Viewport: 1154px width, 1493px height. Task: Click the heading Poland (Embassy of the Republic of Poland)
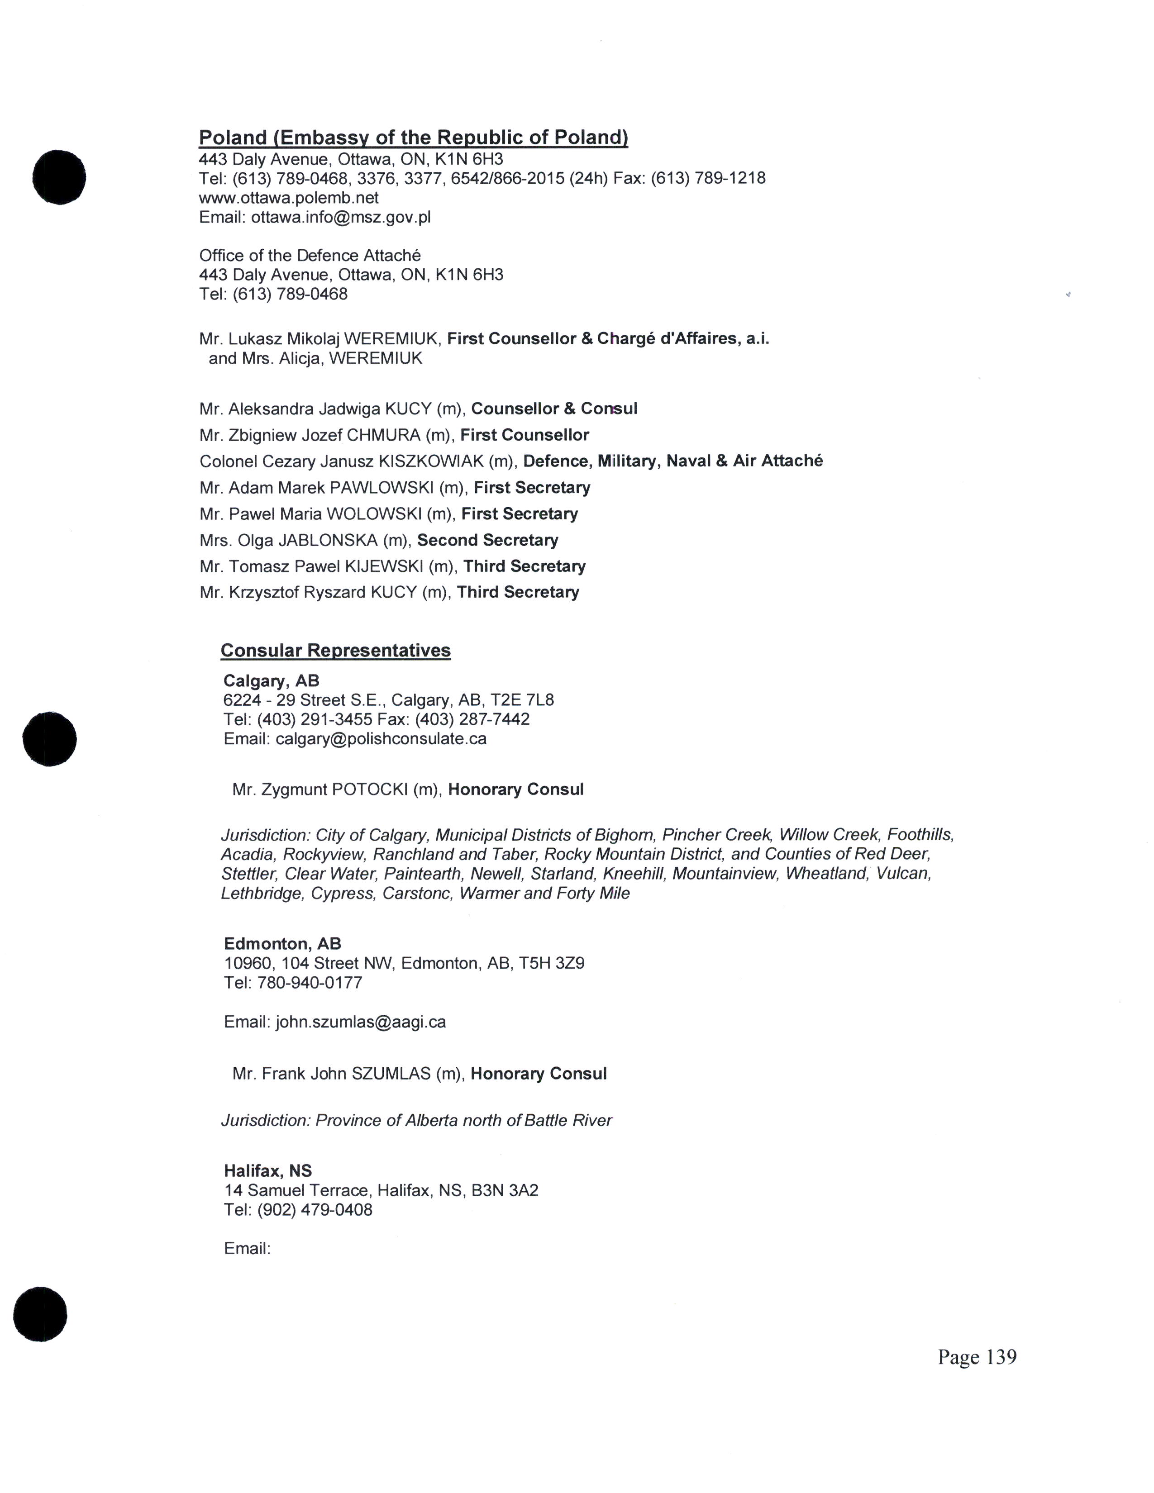point(413,138)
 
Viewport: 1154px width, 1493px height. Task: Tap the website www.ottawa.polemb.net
point(289,198)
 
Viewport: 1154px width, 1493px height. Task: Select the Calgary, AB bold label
point(272,681)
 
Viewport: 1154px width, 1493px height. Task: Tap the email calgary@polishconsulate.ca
point(381,739)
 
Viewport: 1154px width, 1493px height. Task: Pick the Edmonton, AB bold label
point(282,944)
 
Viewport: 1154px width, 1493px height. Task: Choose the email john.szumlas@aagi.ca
point(360,1022)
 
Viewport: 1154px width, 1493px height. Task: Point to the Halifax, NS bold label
point(268,1171)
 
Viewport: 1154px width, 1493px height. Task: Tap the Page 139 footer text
point(977,1357)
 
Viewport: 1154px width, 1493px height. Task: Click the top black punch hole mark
point(59,176)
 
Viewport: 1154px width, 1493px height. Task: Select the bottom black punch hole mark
point(40,1314)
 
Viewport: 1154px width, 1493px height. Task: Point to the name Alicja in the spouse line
point(298,359)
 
